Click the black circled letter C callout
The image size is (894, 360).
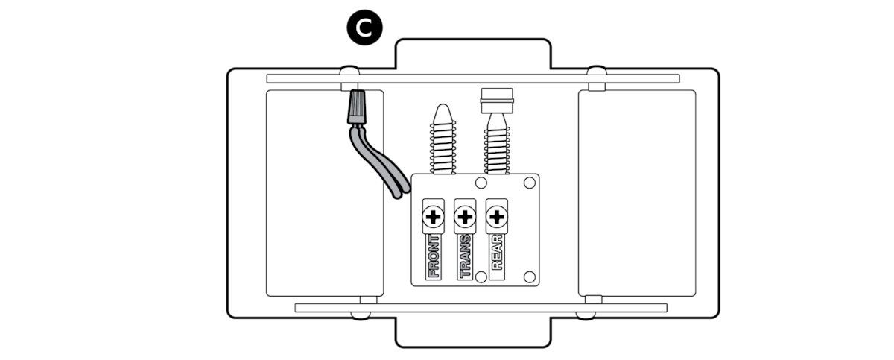tap(364, 28)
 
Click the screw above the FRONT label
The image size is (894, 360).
tap(433, 217)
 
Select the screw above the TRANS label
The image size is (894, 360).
tap(465, 217)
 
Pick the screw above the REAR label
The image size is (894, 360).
tap(496, 217)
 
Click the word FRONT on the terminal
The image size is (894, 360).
tap(434, 256)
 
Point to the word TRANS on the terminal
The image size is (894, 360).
tap(465, 256)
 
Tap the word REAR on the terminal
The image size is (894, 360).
tap(497, 252)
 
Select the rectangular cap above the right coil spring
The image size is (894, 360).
tap(497, 101)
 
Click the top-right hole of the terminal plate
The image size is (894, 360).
tap(529, 183)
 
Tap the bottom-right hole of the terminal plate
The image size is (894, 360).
tap(529, 277)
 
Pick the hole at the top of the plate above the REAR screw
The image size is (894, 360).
tap(481, 183)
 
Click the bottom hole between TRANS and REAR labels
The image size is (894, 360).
tap(481, 277)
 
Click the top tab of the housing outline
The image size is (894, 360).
tap(473, 54)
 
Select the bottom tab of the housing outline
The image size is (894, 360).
tap(473, 332)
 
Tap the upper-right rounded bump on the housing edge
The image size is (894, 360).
tap(597, 70)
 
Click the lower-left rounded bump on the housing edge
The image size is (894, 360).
tap(361, 315)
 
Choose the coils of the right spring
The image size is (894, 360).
tap(497, 150)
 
